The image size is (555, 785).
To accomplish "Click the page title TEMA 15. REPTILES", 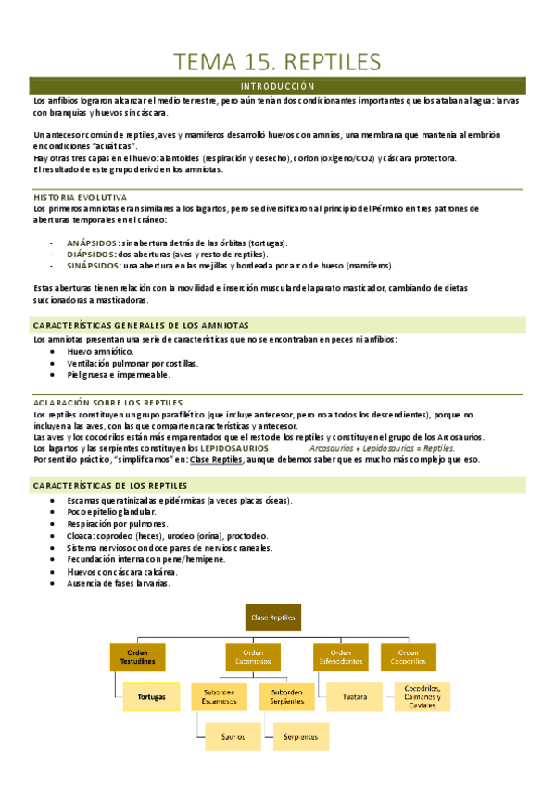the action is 277,61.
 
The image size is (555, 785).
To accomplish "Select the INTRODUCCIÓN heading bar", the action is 278,86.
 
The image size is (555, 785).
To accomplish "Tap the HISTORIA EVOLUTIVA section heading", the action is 81,197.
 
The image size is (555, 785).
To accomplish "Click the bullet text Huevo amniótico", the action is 101,351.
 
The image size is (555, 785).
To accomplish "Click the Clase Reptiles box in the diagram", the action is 272,616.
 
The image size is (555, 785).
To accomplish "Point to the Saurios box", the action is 233,736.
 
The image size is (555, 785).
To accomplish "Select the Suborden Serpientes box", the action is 280,695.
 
